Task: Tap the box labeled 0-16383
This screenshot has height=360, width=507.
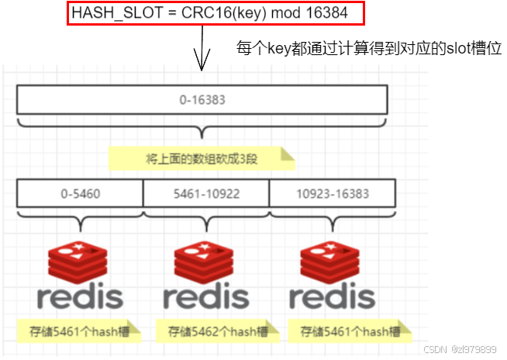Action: pyautogui.click(x=202, y=100)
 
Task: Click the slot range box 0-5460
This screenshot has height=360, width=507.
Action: pyautogui.click(x=80, y=192)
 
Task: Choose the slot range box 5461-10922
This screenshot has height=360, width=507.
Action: pyautogui.click(x=206, y=192)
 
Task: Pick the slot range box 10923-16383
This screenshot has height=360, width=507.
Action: pyautogui.click(x=332, y=192)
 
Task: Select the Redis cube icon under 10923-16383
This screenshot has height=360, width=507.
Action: pyautogui.click(x=332, y=258)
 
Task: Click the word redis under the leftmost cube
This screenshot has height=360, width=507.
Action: pyautogui.click(x=80, y=296)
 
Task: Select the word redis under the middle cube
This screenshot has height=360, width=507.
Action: pyautogui.click(x=206, y=296)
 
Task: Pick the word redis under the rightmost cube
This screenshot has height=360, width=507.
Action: pyautogui.click(x=332, y=296)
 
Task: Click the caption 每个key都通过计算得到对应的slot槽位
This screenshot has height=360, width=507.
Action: pyautogui.click(x=369, y=48)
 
